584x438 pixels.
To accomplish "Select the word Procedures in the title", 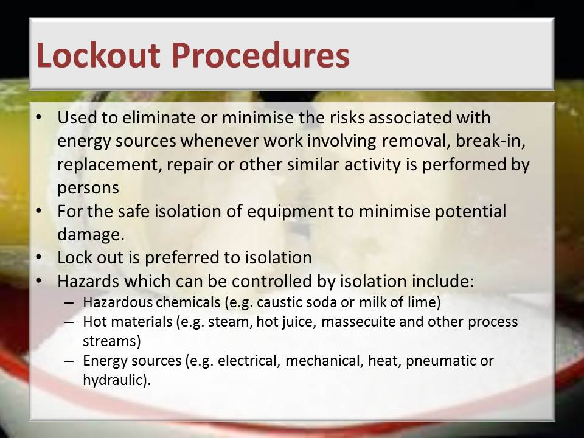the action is (261, 55).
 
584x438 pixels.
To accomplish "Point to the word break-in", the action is (490, 141).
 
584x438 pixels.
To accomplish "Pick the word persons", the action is (88, 188).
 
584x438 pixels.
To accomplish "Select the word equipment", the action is (290, 212).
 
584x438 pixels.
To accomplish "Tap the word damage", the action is (91, 235).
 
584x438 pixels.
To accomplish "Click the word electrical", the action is (249, 361).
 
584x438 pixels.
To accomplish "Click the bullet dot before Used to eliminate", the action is (39, 117).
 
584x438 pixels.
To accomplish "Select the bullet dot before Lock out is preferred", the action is (39, 257).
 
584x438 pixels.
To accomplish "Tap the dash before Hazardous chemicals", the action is (69, 302).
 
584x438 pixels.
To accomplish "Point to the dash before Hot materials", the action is (69, 322).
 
